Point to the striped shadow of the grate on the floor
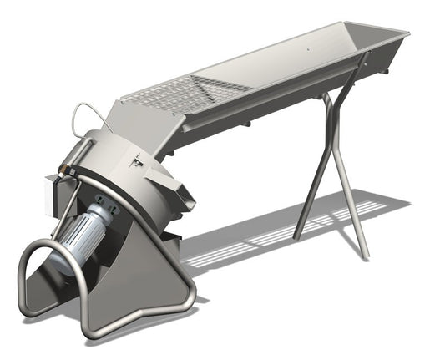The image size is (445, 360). pyautogui.click(x=284, y=234)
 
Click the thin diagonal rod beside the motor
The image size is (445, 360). pyautogui.click(x=65, y=200)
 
